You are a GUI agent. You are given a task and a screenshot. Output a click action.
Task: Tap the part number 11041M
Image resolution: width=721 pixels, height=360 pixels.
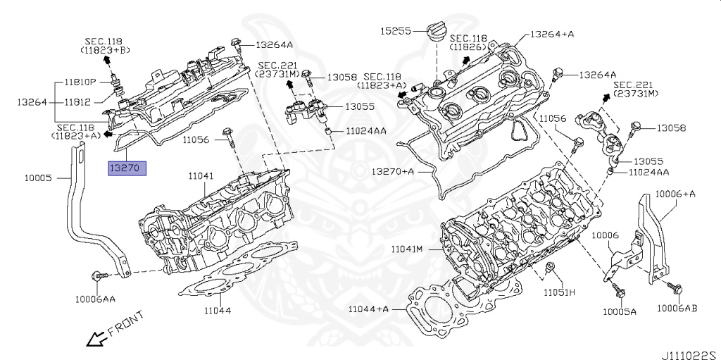(407, 249)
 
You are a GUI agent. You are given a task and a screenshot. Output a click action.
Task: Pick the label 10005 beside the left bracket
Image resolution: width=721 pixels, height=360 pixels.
(36, 178)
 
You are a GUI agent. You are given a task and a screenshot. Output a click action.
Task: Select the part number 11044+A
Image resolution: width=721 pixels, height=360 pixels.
(368, 309)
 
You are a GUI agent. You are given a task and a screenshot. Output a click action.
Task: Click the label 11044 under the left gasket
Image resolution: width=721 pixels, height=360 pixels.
(218, 309)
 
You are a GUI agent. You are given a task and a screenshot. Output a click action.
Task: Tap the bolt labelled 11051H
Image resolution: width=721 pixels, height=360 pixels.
(551, 268)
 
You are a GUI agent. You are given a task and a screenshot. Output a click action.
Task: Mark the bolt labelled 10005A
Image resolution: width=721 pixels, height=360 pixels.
(617, 289)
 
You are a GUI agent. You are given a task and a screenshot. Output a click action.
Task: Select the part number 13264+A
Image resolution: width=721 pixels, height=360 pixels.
(551, 32)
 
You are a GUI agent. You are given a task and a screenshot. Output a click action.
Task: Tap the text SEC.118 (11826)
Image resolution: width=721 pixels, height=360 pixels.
(469, 42)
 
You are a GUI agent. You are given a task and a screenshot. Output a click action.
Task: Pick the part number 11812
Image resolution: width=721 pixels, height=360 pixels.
(77, 102)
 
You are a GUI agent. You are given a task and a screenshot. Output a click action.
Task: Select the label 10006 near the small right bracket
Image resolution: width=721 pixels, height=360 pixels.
(605, 236)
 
